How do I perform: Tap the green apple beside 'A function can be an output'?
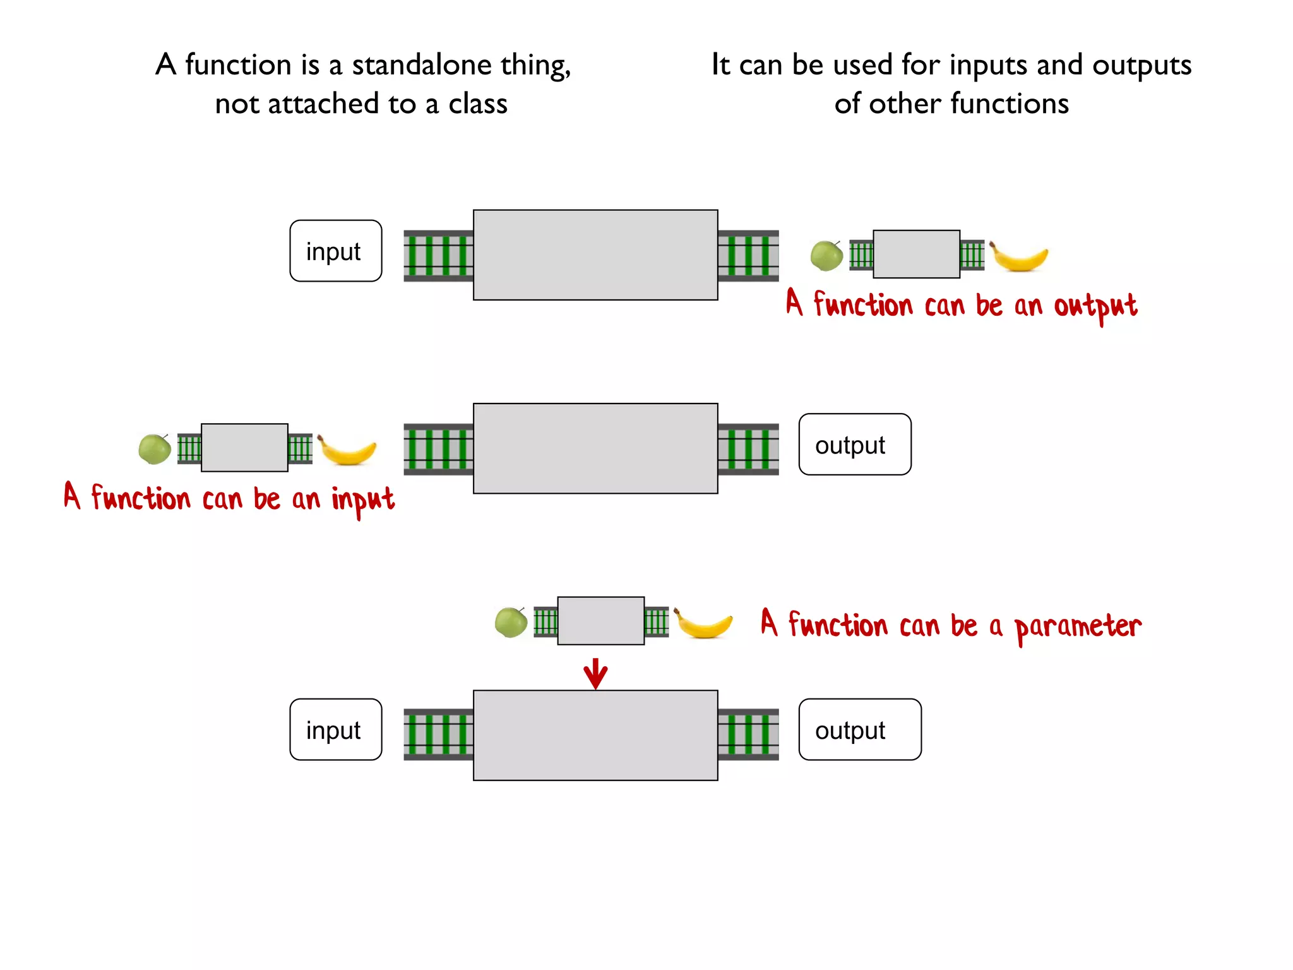[826, 256]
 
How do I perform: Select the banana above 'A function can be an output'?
[1018, 256]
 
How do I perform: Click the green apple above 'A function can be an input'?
[155, 449]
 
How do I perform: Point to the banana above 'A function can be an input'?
[346, 450]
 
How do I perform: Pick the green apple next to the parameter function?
[511, 623]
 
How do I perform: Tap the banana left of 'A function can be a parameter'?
[703, 623]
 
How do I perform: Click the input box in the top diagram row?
[335, 251]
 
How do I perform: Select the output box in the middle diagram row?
[854, 445]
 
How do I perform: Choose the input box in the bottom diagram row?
[335, 729]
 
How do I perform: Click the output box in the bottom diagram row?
[859, 729]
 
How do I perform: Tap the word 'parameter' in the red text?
[1077, 627]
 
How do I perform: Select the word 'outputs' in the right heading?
[1141, 65]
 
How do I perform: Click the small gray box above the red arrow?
[600, 621]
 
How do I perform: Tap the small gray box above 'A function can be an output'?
[916, 254]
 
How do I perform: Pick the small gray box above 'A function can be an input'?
[244, 448]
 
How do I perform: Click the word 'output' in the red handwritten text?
[1095, 307]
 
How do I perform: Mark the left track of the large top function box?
[438, 256]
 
